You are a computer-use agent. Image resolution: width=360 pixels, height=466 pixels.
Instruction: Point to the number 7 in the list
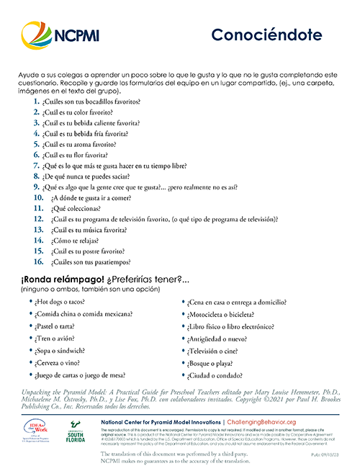click(36, 166)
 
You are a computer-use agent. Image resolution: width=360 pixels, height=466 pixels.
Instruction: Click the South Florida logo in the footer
click(77, 436)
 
